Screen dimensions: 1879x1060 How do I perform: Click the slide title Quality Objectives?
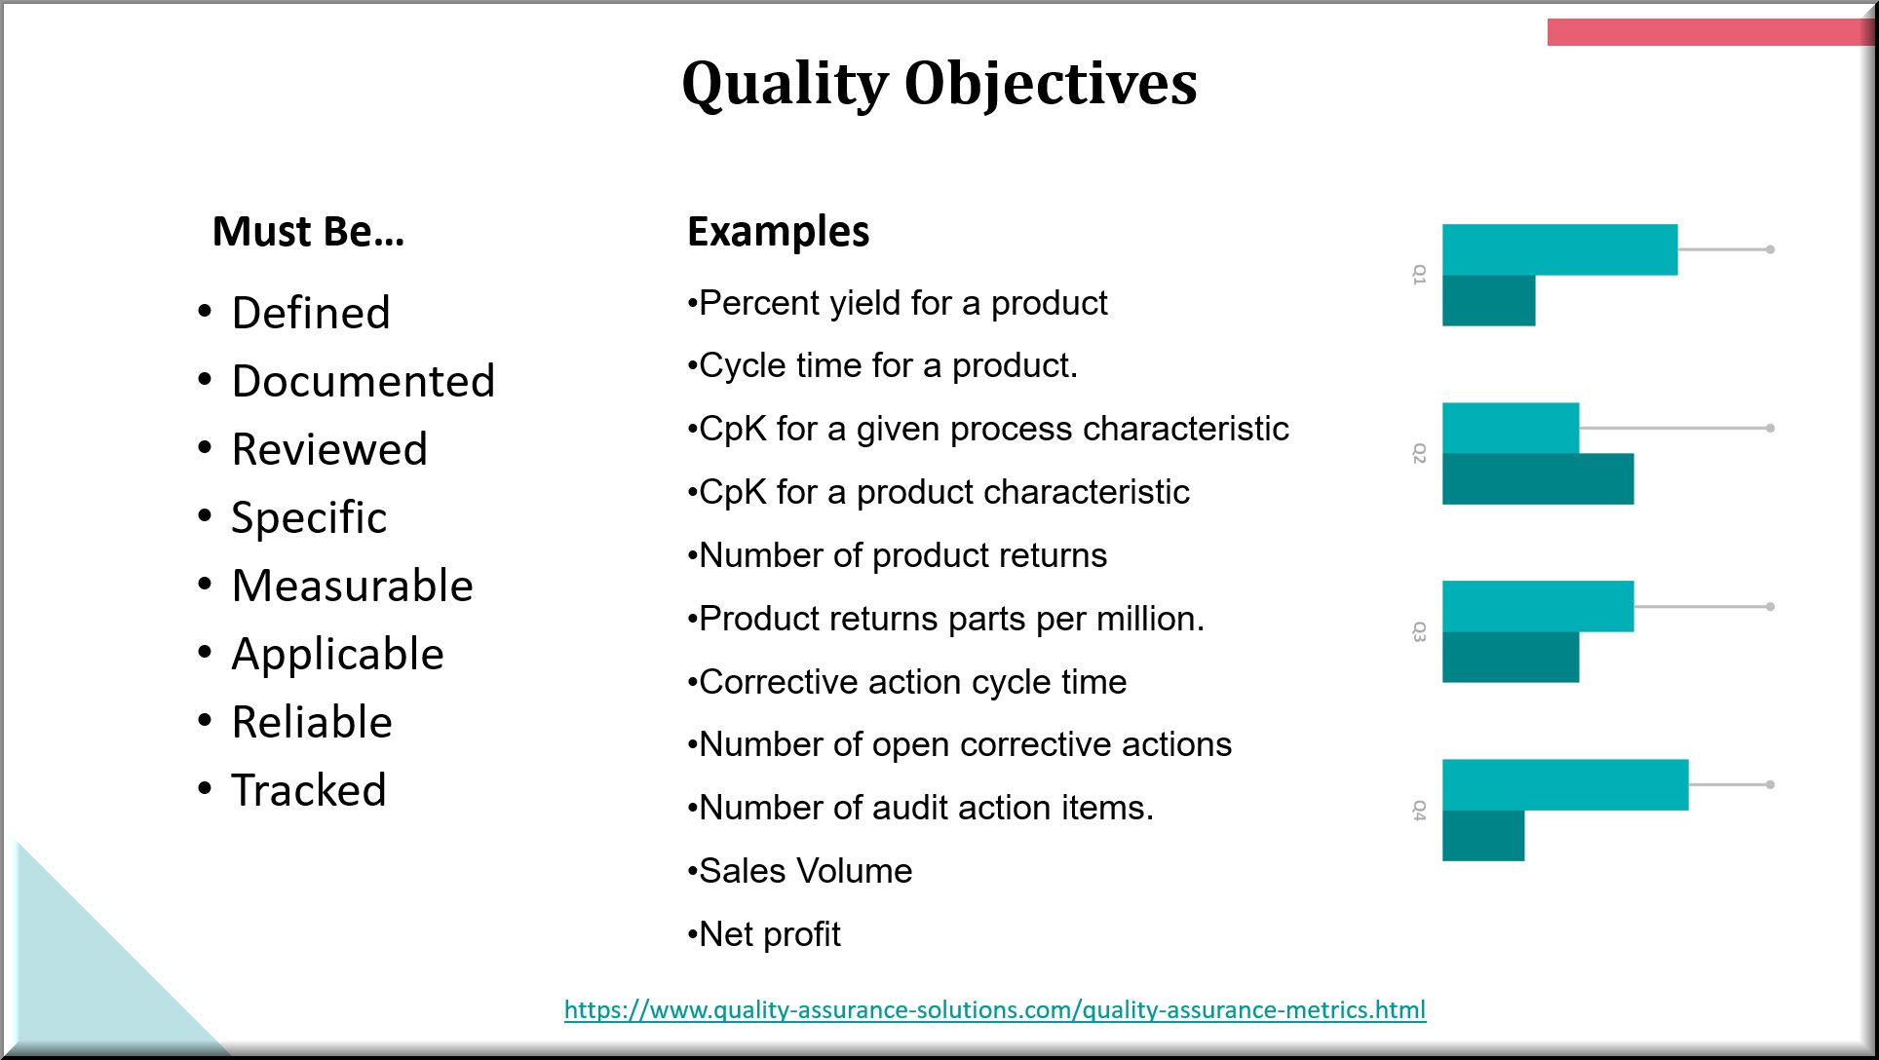(939, 84)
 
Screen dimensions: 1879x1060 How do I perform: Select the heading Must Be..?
(308, 232)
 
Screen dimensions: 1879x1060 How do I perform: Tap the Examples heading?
(778, 232)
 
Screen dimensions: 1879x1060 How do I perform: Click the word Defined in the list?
(311, 313)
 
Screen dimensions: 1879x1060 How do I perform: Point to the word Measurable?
(353, 586)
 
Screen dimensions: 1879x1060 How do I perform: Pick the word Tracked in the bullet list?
(309, 790)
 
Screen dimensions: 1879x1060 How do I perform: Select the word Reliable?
(312, 722)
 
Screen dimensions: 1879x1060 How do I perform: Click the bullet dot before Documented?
(205, 379)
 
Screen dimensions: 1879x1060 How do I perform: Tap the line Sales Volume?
(800, 871)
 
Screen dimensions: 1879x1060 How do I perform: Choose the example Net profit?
(764, 934)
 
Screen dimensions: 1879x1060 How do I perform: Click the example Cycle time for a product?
(883, 365)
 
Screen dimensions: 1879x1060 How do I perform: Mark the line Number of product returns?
(898, 555)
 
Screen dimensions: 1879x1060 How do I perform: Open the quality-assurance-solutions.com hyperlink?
(995, 1010)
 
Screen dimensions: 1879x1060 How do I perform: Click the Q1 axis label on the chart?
(1419, 275)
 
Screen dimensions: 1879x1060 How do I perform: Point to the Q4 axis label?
(1419, 811)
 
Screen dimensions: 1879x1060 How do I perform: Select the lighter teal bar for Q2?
(1511, 429)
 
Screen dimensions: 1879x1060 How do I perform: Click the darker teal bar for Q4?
(1483, 836)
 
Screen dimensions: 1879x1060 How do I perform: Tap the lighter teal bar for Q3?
(1538, 607)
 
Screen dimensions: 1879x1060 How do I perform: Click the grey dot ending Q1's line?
(1770, 250)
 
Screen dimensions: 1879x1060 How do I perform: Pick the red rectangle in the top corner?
(1709, 32)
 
